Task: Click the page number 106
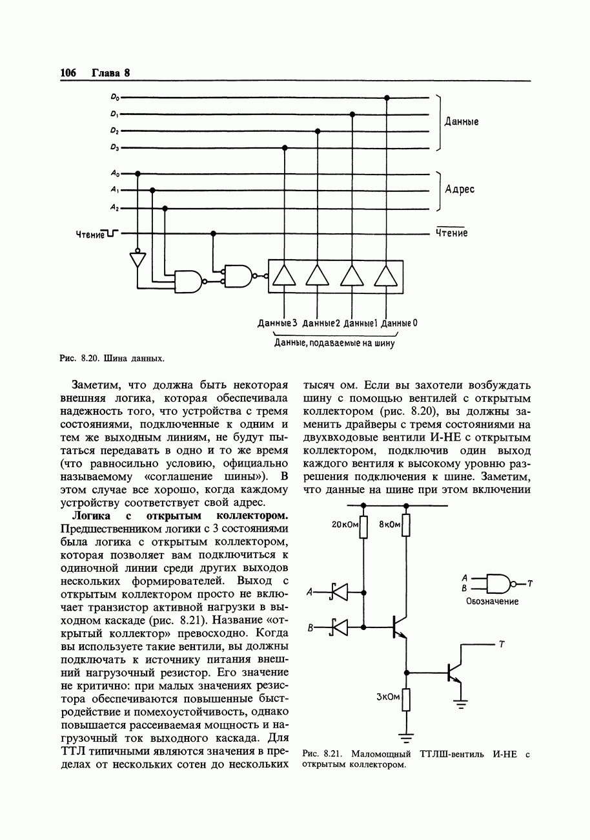[68, 73]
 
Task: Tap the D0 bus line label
[114, 98]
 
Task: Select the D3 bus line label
[114, 148]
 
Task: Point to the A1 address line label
[114, 190]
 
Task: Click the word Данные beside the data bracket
[461, 122]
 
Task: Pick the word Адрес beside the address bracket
[460, 189]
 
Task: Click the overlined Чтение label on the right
[451, 233]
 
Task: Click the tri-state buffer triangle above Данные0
[386, 276]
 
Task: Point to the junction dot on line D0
[387, 98]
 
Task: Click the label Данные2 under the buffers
[321, 323]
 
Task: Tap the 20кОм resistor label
[345, 525]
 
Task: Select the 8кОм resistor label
[389, 525]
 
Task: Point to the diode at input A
[338, 591]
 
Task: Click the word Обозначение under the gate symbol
[492, 601]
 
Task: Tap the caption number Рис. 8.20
[78, 357]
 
